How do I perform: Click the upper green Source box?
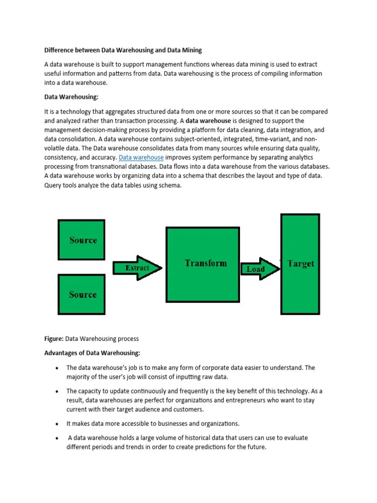pyautogui.click(x=81, y=240)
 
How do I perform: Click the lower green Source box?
pyautogui.click(x=81, y=294)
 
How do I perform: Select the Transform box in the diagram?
pyautogui.click(x=203, y=263)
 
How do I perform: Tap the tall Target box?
pyautogui.click(x=300, y=263)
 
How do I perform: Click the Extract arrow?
pyautogui.click(x=137, y=268)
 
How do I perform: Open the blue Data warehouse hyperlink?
pyautogui.click(x=141, y=157)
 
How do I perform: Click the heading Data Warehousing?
pyautogui.click(x=75, y=97)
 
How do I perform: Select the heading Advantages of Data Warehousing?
pyautogui.click(x=92, y=353)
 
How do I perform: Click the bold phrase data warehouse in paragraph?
pyautogui.click(x=208, y=120)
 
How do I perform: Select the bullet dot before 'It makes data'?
pyautogui.click(x=57, y=423)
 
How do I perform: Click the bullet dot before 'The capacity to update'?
pyautogui.click(x=57, y=391)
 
